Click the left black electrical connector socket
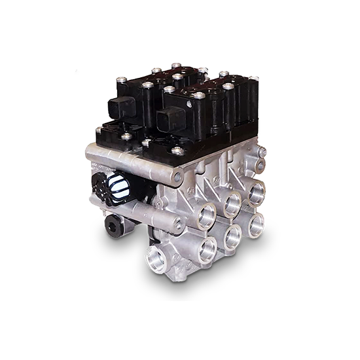(124, 106)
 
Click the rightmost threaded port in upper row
(257, 192)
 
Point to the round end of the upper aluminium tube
(177, 176)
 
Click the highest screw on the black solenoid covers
(176, 66)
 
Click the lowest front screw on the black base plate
(176, 152)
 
